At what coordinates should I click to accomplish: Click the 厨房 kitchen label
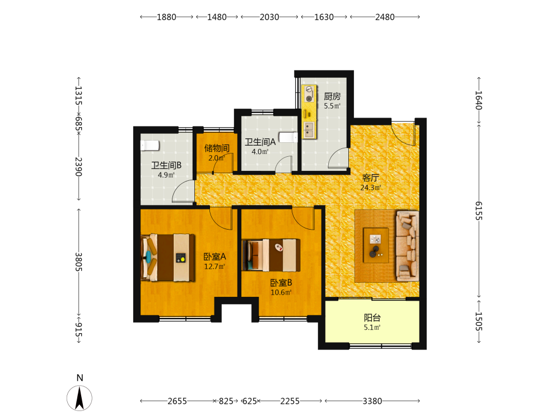332,96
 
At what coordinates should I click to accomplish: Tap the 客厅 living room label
370,178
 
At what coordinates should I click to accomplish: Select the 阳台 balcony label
372,318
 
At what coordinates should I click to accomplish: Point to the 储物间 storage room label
217,148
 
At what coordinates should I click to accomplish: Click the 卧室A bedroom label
214,256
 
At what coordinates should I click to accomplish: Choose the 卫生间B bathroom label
166,165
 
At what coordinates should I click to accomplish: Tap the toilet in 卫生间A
288,138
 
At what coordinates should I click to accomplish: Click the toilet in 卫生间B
150,146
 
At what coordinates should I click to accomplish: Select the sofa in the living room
407,246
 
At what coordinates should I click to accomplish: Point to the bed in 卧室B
271,255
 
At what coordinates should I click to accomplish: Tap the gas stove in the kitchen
309,94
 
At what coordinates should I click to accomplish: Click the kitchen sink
309,130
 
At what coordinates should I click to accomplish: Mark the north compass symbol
80,398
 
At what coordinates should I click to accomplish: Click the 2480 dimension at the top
385,17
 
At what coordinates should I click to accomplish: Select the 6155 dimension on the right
479,211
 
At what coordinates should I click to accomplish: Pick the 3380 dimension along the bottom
372,401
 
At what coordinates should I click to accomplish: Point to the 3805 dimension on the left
78,262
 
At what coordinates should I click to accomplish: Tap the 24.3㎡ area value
371,188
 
